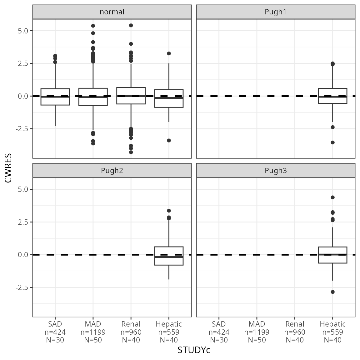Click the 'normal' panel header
pyautogui.click(x=112, y=12)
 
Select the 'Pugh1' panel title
pyautogui.click(x=276, y=12)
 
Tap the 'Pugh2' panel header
pyautogui.click(x=112, y=171)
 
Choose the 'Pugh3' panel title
pyautogui.click(x=276, y=171)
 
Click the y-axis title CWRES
pyautogui.click(x=8, y=168)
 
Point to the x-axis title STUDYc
pyautogui.click(x=194, y=350)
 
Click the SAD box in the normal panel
pyautogui.click(x=55, y=97)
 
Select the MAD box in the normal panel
pyautogui.click(x=93, y=97)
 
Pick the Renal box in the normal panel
pyautogui.click(x=131, y=96)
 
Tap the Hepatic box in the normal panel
pyautogui.click(x=169, y=98)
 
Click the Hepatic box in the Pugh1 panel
pyautogui.click(x=332, y=96)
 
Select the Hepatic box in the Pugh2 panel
pyautogui.click(x=169, y=256)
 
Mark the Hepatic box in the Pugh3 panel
pyautogui.click(x=332, y=255)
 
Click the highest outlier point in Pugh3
pyautogui.click(x=332, y=197)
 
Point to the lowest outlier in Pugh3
pyautogui.click(x=332, y=292)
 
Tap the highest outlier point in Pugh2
pyautogui.click(x=169, y=211)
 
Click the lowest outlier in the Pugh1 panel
pyautogui.click(x=332, y=142)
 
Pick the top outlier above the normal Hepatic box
pyautogui.click(x=169, y=53)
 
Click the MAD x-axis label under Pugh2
pyautogui.click(x=93, y=332)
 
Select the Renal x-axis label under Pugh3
pyautogui.click(x=295, y=332)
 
